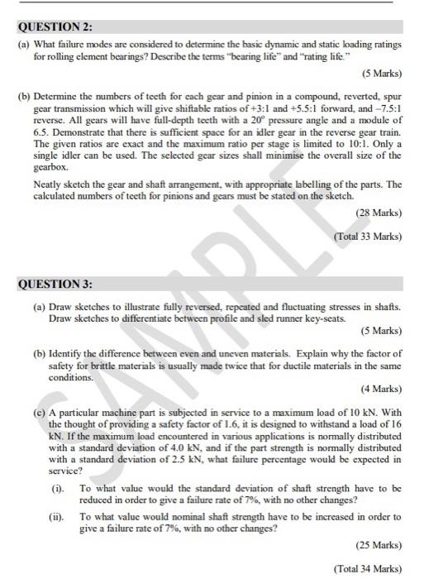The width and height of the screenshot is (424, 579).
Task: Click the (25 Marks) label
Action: [379, 545]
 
